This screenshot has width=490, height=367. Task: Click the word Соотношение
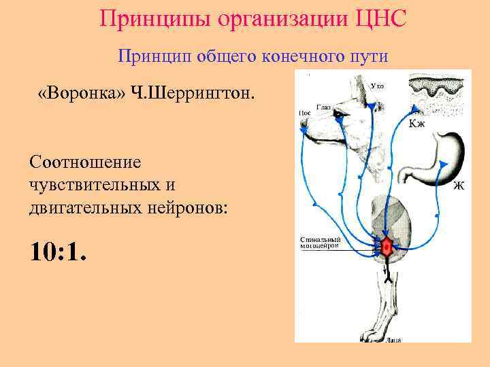(85, 162)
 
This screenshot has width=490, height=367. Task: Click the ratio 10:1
(59, 252)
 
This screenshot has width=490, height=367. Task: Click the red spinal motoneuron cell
(386, 248)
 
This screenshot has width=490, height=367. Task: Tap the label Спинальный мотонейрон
(320, 243)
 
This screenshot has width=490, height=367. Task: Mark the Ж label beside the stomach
(459, 186)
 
